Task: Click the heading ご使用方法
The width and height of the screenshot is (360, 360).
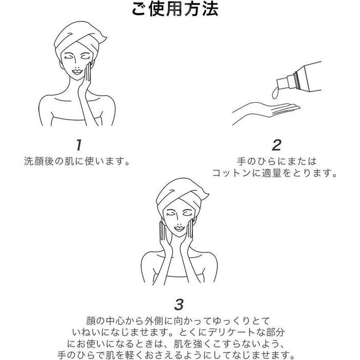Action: (x=175, y=9)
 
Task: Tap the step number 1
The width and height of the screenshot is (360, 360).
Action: (x=79, y=145)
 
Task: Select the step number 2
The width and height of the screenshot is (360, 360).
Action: (x=277, y=145)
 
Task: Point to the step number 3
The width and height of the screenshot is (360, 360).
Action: (x=179, y=304)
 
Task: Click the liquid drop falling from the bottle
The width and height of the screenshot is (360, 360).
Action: (x=275, y=93)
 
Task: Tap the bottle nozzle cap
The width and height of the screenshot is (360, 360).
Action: (x=285, y=82)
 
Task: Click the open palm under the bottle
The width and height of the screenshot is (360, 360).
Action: (x=266, y=111)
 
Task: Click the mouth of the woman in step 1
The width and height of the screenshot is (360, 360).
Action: (x=77, y=71)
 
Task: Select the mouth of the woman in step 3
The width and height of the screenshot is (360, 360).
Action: (x=179, y=228)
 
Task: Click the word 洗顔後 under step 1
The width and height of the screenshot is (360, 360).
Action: (x=39, y=161)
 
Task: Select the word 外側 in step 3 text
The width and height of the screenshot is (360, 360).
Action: (x=154, y=320)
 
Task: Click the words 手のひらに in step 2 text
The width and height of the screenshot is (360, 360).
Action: (x=262, y=161)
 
